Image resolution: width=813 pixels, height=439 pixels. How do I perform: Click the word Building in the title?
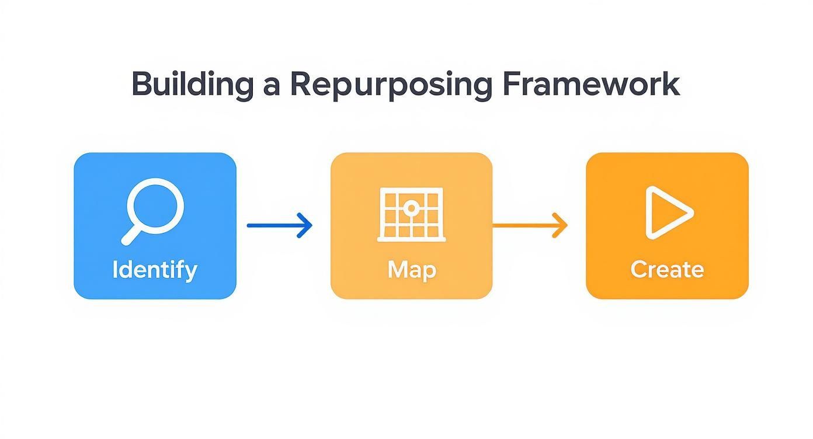(x=192, y=85)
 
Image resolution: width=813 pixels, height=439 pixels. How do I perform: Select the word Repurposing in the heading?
(x=391, y=85)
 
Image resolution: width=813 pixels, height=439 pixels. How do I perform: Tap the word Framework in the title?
(x=590, y=83)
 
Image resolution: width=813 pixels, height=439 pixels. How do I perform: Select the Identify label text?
(x=155, y=270)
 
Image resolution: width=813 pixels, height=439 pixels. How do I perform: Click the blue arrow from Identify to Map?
(x=279, y=225)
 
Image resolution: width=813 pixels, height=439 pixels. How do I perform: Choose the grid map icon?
(x=411, y=214)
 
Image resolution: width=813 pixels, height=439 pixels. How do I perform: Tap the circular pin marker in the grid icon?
(x=411, y=207)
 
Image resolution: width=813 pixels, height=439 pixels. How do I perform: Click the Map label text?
(x=411, y=270)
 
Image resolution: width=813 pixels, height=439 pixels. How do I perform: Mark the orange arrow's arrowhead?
(x=561, y=225)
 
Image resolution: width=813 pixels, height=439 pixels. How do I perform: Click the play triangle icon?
(x=667, y=212)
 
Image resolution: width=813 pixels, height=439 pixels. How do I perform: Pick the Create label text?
(x=667, y=270)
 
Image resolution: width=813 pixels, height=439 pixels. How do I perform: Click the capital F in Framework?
(x=510, y=83)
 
